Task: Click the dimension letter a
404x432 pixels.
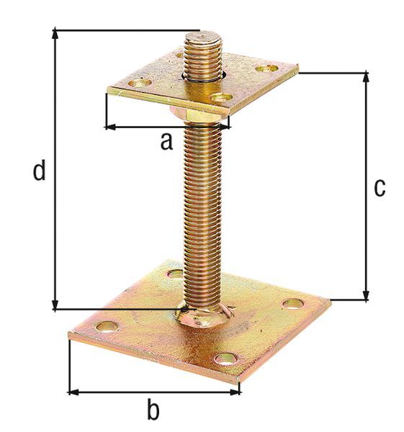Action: [x=166, y=142]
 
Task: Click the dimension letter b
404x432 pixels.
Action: [x=153, y=410]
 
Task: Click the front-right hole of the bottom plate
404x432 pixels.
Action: [x=225, y=357]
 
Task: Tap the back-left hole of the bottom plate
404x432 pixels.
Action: [x=174, y=274]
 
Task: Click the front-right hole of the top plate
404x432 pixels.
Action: [x=220, y=97]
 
